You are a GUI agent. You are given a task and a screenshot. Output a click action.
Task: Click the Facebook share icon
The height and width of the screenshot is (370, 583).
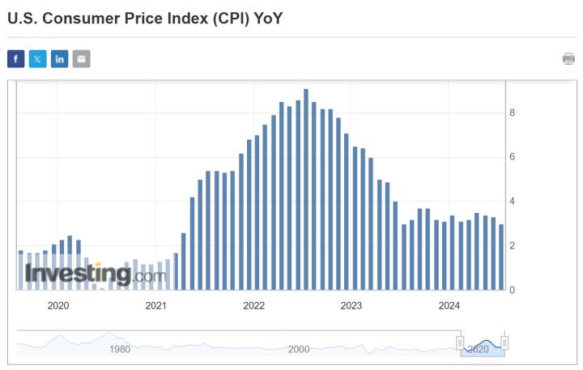16,58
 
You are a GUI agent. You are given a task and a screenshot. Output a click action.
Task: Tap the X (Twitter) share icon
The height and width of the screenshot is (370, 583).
38,58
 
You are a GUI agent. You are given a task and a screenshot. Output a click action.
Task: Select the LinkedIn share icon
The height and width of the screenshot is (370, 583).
60,58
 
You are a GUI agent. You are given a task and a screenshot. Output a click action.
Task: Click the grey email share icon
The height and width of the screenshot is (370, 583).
81,58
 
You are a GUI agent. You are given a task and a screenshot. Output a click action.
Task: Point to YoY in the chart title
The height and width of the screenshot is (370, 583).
268,17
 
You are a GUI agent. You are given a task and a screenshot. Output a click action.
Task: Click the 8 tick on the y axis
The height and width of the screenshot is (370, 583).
512,113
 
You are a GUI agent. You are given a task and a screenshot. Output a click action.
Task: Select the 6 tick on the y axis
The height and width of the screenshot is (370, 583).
512,157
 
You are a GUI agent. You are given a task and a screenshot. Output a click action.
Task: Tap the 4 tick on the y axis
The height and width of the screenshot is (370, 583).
512,201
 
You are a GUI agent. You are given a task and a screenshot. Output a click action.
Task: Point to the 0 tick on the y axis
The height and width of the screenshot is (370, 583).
512,289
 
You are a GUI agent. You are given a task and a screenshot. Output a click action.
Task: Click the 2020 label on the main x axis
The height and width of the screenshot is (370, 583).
58,305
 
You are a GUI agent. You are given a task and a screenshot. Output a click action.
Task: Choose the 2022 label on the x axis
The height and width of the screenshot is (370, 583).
253,305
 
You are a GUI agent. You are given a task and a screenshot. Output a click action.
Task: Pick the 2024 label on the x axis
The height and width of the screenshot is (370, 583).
449,305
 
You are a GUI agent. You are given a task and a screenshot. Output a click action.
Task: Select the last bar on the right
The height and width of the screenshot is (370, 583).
501,257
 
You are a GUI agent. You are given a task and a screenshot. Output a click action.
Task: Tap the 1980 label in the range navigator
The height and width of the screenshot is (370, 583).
120,349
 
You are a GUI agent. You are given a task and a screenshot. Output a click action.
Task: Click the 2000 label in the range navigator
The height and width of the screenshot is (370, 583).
299,349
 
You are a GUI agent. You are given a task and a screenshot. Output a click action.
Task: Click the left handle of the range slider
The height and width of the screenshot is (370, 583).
461,343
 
